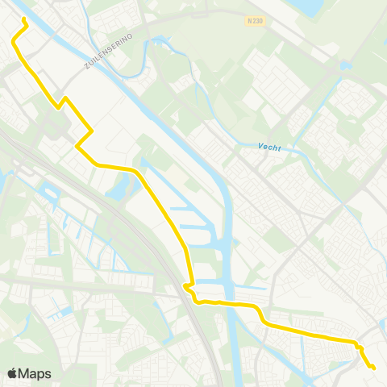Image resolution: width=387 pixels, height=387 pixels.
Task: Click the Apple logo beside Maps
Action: pyautogui.click(x=13, y=373)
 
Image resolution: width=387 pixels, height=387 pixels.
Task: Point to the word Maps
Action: pyautogui.click(x=35, y=374)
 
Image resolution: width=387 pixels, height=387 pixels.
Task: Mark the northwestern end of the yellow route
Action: pyautogui.click(x=23, y=19)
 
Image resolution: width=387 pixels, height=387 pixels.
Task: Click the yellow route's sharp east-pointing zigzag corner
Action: pyautogui.click(x=93, y=131)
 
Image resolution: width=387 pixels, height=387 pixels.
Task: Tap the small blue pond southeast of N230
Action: pyautogui.click(x=346, y=64)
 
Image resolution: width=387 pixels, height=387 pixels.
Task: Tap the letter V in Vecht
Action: pyautogui.click(x=261, y=146)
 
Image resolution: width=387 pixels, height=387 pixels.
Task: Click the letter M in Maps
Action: pyautogui.click(x=26, y=374)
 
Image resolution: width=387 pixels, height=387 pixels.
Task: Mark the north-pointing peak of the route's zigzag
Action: pyautogui.click(x=65, y=98)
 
